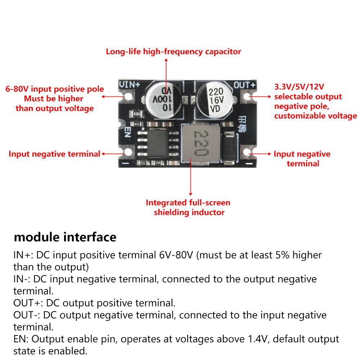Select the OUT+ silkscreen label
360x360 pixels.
244,85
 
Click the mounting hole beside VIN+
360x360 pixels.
126,97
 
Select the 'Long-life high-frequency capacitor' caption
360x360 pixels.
173,51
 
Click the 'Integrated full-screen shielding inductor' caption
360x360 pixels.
188,207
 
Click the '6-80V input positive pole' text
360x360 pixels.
54,89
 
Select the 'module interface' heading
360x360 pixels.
65,237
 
